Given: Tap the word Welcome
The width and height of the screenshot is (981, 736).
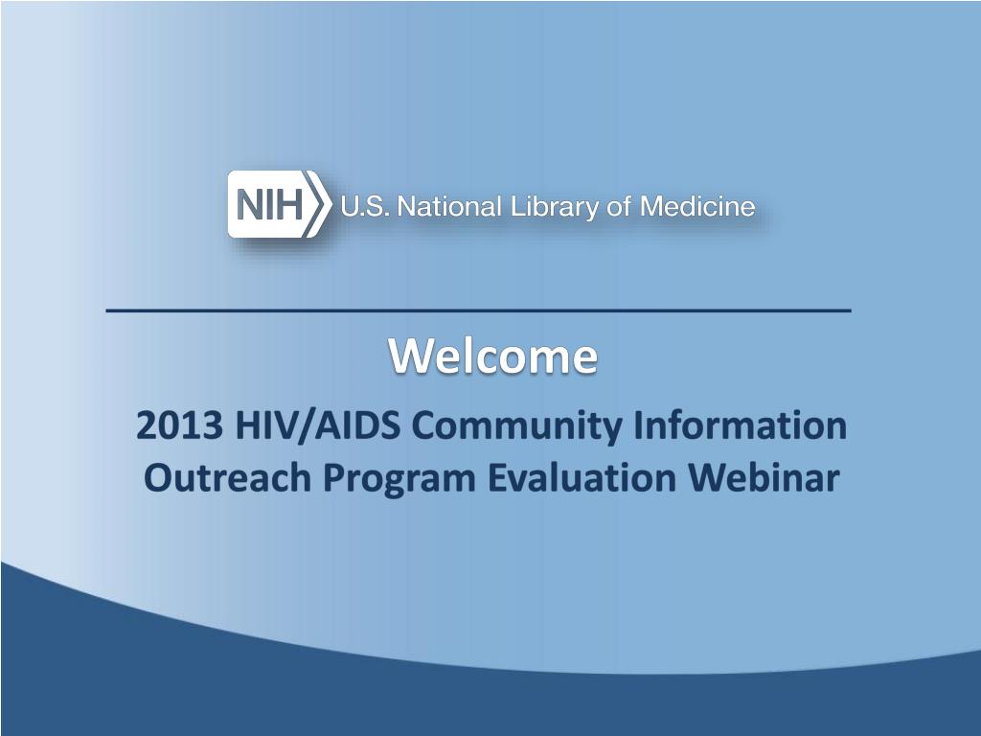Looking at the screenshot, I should (x=492, y=356).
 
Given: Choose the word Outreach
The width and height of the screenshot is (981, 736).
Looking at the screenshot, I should (x=227, y=477).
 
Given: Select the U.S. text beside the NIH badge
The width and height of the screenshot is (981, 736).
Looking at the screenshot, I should (x=365, y=206).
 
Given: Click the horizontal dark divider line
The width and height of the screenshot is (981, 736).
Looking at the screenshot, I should (x=477, y=311).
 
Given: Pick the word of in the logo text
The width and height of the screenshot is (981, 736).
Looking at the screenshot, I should (x=623, y=206).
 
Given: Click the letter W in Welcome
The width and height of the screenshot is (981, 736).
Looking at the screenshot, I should (x=407, y=356).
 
